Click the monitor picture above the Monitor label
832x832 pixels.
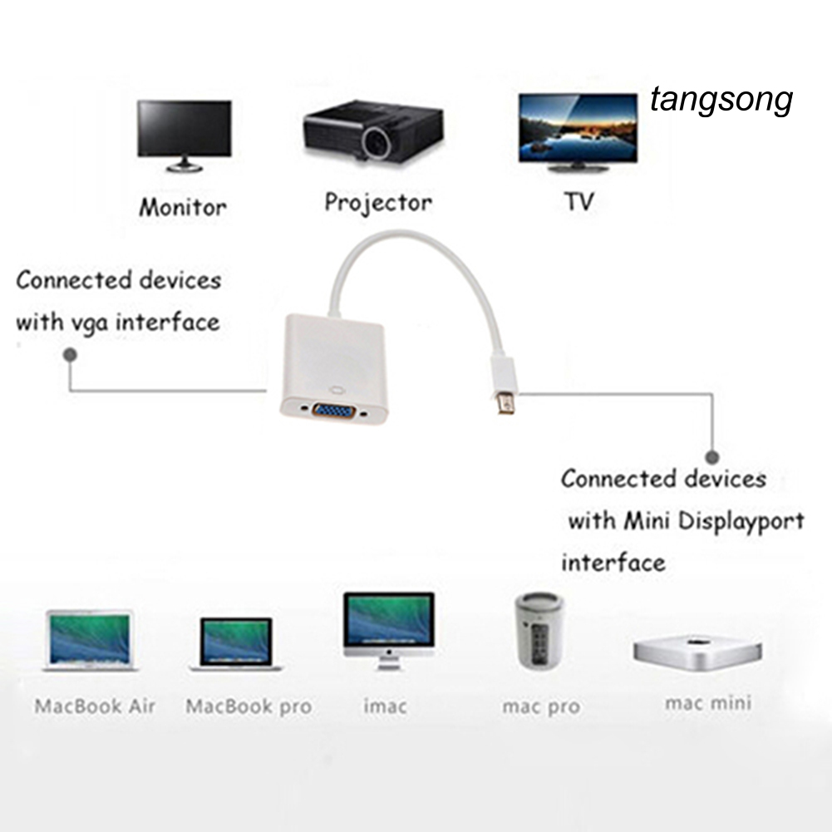(x=184, y=133)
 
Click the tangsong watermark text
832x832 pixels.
(x=721, y=101)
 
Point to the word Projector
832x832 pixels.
(x=378, y=202)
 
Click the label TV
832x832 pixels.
(x=578, y=202)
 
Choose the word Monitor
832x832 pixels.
(x=182, y=206)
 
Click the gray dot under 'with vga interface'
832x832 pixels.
(x=71, y=354)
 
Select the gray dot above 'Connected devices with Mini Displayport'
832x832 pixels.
(x=711, y=456)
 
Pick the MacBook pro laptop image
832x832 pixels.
(x=237, y=644)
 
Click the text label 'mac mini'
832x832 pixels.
(x=707, y=703)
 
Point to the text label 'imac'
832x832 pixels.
(x=386, y=707)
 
